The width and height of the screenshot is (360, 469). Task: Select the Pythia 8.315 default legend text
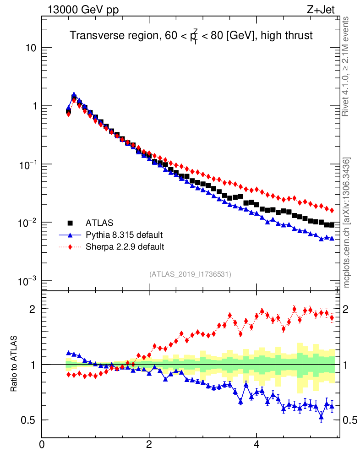[124, 235]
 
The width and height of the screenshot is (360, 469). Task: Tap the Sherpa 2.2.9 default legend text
[125, 247]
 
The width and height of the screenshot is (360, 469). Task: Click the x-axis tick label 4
[256, 444]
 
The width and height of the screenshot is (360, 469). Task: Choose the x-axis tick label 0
[42, 444]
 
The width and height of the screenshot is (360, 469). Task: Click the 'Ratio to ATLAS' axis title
[14, 365]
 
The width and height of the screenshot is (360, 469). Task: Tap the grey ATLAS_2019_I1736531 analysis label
[190, 274]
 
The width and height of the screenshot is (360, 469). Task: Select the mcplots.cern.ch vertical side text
[348, 223]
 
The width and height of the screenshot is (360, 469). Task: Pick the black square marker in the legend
[71, 223]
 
